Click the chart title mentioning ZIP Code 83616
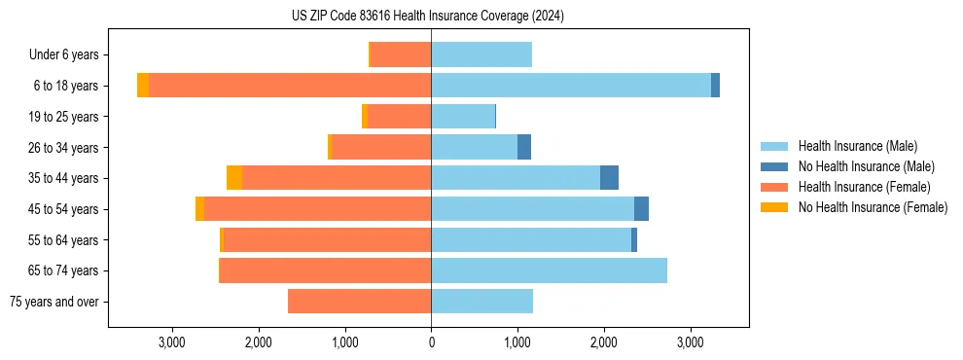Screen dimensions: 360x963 pyautogui.click(x=427, y=16)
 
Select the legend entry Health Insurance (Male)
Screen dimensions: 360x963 pyautogui.click(x=857, y=146)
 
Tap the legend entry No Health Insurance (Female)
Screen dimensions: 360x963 pyautogui.click(x=873, y=207)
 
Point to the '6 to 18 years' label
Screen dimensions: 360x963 pyautogui.click(x=65, y=86)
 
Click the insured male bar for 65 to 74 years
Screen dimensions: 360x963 pyautogui.click(x=549, y=270)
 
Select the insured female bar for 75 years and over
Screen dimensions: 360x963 pyautogui.click(x=359, y=302)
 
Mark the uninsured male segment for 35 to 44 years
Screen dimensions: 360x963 pyautogui.click(x=609, y=178)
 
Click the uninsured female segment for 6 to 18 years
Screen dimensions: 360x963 pyautogui.click(x=143, y=86)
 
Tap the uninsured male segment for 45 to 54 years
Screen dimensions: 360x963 pyautogui.click(x=641, y=209)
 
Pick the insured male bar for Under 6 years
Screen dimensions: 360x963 pyautogui.click(x=481, y=55)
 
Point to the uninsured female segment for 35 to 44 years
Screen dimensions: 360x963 pyautogui.click(x=234, y=178)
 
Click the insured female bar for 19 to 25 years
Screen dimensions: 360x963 pyautogui.click(x=399, y=117)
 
